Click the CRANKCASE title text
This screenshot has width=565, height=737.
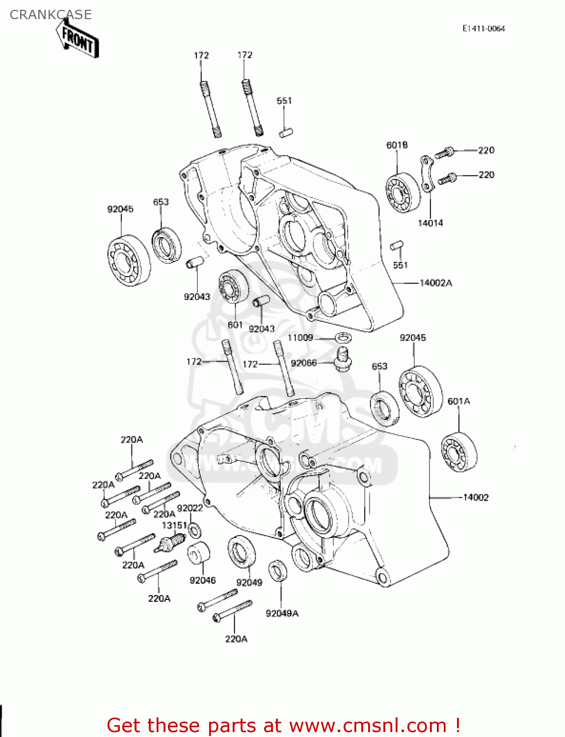click(x=51, y=15)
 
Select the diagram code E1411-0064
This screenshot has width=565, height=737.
click(x=483, y=28)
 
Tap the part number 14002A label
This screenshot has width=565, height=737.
click(x=435, y=283)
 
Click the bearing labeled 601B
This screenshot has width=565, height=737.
click(x=403, y=192)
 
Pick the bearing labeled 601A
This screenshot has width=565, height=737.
click(x=458, y=452)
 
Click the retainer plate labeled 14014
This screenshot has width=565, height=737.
click(x=427, y=174)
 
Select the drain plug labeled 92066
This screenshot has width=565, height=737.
click(x=343, y=360)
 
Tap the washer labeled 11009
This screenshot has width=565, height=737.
click(x=343, y=338)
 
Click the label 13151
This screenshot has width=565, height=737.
click(x=174, y=525)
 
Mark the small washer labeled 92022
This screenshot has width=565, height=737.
click(x=194, y=531)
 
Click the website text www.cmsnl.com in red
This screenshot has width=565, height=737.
click(x=368, y=726)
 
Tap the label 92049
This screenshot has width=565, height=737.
click(x=249, y=582)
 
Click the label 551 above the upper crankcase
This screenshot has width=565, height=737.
click(x=284, y=101)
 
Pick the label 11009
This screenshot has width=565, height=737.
click(x=300, y=338)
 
